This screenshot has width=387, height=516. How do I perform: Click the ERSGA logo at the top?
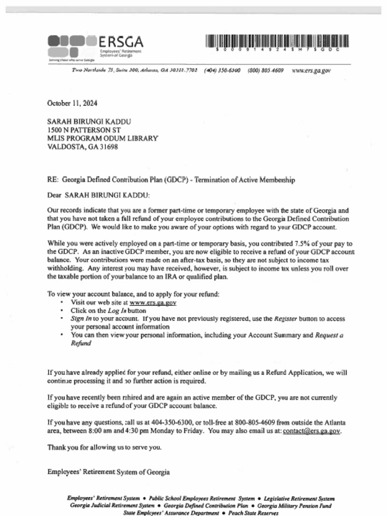click(95, 46)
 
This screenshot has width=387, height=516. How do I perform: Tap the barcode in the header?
click(277, 42)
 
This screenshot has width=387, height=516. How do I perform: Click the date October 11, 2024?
click(72, 103)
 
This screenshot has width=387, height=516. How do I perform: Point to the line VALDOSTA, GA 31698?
click(82, 147)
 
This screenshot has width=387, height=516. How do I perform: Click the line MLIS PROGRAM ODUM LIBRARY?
click(102, 139)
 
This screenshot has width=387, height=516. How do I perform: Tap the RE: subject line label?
click(53, 180)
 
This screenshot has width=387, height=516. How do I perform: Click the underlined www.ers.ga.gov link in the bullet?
click(153, 303)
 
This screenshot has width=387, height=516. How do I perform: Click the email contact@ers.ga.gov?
click(312, 431)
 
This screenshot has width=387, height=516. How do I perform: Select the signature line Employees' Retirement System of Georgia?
click(108, 472)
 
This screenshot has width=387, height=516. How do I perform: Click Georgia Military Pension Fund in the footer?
click(294, 505)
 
